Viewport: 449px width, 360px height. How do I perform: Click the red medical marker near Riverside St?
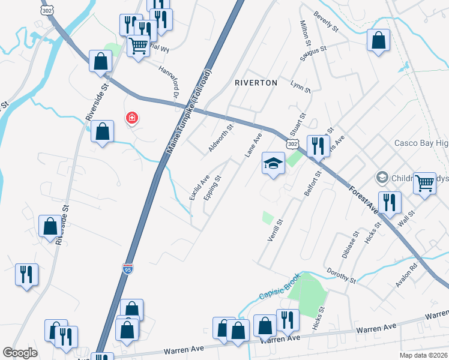(131, 118)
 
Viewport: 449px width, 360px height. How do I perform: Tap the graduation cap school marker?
(273, 163)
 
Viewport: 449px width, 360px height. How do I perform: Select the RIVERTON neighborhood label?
(256, 83)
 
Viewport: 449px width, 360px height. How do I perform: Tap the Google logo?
(20, 353)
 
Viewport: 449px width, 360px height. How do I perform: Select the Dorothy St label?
(342, 277)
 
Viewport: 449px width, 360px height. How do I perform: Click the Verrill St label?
(275, 231)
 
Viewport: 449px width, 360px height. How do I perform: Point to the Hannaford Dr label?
(169, 81)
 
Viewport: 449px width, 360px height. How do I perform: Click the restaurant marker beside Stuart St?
(318, 145)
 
